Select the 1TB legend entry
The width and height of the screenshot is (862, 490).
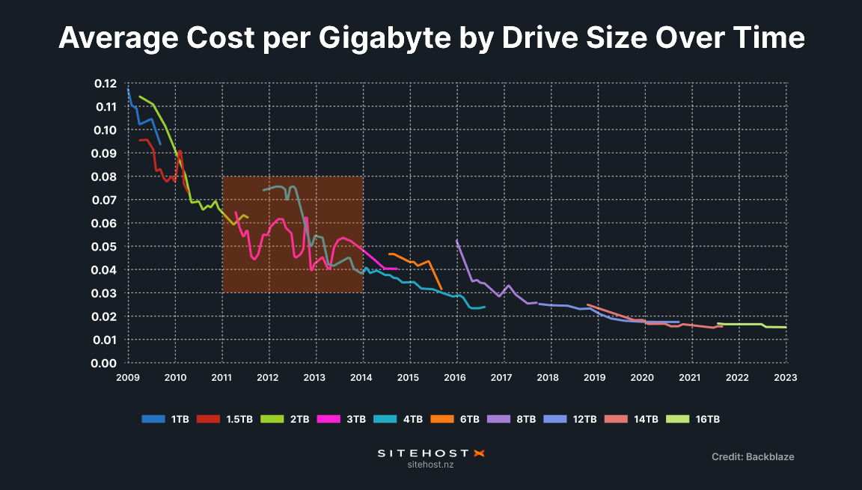[x=165, y=419]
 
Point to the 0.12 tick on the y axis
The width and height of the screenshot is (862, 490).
[x=106, y=83]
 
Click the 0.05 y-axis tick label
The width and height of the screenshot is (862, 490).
[x=106, y=246]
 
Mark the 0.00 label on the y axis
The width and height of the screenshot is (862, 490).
[x=106, y=363]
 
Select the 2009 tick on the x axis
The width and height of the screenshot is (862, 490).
[x=128, y=379]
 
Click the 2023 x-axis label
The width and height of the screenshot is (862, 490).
[x=785, y=379]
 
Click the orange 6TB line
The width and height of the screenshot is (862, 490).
[x=419, y=261]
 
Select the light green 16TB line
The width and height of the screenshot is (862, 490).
[x=748, y=324]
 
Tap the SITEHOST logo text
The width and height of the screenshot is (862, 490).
[x=423, y=453]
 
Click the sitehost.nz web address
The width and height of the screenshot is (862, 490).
[x=430, y=465]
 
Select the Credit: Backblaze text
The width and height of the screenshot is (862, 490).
[x=753, y=456]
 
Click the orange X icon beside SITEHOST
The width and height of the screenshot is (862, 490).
[x=480, y=453]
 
